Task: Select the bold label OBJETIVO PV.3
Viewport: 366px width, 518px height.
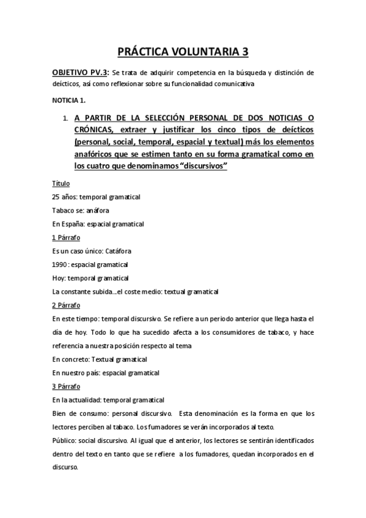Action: point(84,73)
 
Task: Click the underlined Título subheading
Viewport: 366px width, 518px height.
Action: point(61,183)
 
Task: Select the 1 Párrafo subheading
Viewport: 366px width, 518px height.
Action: point(67,237)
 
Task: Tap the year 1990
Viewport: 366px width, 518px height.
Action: point(60,264)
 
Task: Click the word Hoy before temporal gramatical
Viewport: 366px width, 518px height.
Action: point(58,278)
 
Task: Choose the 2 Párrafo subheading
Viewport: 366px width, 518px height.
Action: point(67,305)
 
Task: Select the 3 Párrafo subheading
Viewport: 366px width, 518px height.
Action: point(67,386)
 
